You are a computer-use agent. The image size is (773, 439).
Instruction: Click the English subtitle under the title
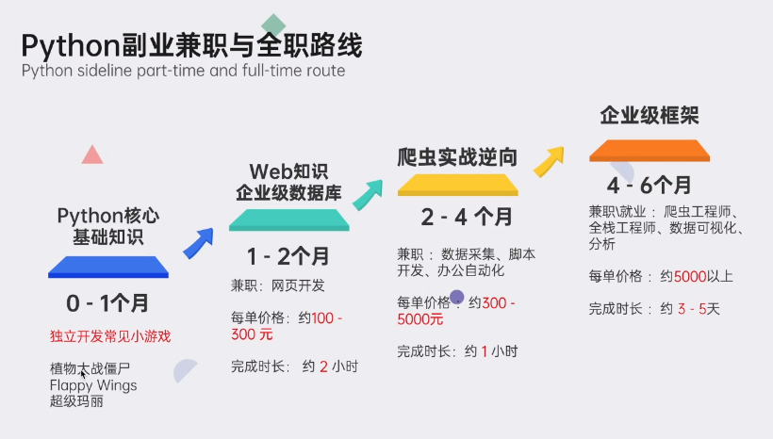(183, 71)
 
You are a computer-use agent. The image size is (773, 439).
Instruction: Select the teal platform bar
(289, 220)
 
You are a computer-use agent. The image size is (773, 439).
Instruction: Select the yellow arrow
(549, 161)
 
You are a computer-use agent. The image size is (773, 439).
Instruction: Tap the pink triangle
(91, 155)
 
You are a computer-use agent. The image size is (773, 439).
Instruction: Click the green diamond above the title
(273, 24)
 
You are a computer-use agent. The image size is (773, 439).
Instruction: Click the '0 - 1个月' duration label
(107, 303)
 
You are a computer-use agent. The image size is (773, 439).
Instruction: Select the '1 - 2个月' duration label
(288, 256)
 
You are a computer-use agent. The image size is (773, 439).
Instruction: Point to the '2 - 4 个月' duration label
(467, 218)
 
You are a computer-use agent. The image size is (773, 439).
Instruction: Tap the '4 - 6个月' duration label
(649, 184)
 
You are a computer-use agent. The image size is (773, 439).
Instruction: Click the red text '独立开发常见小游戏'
(110, 336)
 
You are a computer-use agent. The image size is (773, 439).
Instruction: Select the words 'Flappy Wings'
(93, 385)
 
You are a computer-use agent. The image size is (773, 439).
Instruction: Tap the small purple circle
(457, 298)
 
